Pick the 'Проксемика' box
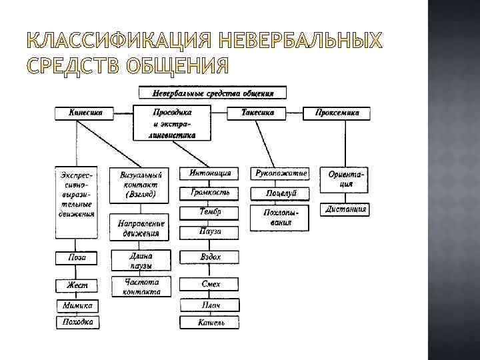337,113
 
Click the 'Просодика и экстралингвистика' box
172,123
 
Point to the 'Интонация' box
210,173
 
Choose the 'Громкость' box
210,192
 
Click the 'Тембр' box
210,212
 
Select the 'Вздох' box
210,257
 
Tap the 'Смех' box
210,284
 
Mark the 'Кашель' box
210,323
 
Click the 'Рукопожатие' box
281,173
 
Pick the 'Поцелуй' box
281,193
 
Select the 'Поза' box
77,257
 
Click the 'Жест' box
77,285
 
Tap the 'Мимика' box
77,305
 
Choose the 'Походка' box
77,323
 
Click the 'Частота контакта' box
141,287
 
